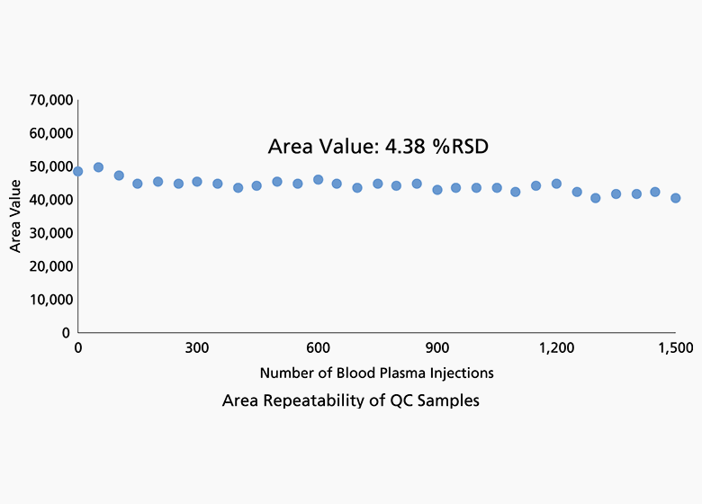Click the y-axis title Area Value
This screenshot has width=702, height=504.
(15, 216)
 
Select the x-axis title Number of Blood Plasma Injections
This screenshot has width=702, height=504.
(376, 373)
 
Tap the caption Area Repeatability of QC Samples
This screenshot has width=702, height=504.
(351, 401)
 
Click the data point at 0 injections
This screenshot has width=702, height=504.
(78, 171)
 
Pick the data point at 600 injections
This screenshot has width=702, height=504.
(318, 179)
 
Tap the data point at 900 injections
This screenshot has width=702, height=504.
(437, 190)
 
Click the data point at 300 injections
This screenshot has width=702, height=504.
(197, 182)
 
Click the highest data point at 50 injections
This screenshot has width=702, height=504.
(98, 167)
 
